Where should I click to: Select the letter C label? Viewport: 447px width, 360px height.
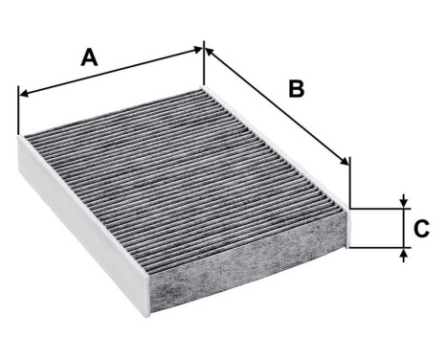[419, 229]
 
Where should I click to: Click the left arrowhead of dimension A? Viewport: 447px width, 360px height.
[24, 94]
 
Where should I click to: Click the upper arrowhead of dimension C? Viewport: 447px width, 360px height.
[405, 202]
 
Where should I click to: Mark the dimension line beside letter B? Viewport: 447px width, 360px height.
[278, 106]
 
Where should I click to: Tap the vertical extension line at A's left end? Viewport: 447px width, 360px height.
[18, 110]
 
